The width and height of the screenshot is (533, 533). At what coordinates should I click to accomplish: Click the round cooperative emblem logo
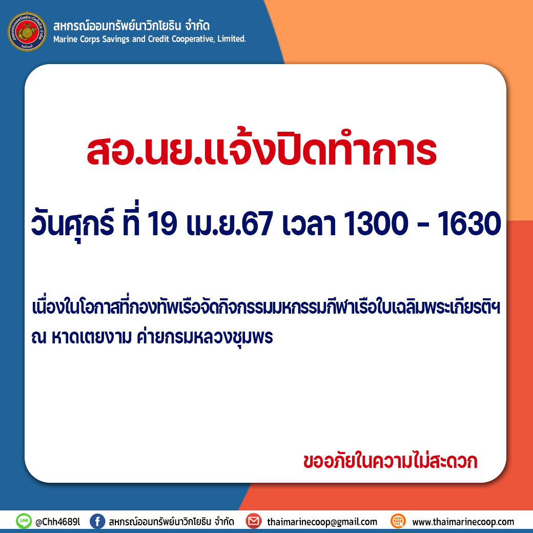coord(27,32)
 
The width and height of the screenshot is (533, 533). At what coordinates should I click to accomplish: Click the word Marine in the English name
coord(65,39)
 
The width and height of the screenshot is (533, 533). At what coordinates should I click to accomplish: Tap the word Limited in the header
coord(232,39)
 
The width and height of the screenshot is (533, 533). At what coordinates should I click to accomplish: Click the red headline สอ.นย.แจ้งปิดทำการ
coord(262,149)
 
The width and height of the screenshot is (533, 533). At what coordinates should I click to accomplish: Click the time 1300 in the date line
coord(376,223)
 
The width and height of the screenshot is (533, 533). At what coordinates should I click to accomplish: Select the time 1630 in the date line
coord(469,223)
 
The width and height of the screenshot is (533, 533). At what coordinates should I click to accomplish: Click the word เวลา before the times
coord(309,224)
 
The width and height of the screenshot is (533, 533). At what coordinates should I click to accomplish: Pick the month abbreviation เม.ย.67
coord(230,223)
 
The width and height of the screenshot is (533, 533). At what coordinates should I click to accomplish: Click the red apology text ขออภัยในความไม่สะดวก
coord(390,461)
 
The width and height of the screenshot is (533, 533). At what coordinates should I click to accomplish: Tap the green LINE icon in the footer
coord(24,521)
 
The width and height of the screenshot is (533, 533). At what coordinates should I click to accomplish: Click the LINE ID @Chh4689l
coord(58,522)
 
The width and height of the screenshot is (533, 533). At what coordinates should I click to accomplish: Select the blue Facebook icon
coord(97,521)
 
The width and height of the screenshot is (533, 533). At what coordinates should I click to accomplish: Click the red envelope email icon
coord(254,521)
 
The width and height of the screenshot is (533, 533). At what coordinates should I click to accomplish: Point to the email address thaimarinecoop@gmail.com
coord(322,522)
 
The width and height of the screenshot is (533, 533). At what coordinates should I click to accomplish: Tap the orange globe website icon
coord(398,521)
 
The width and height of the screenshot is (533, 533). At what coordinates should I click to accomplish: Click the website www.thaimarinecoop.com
coord(463,522)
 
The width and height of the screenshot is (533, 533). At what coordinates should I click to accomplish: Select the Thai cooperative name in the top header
coord(131,26)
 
